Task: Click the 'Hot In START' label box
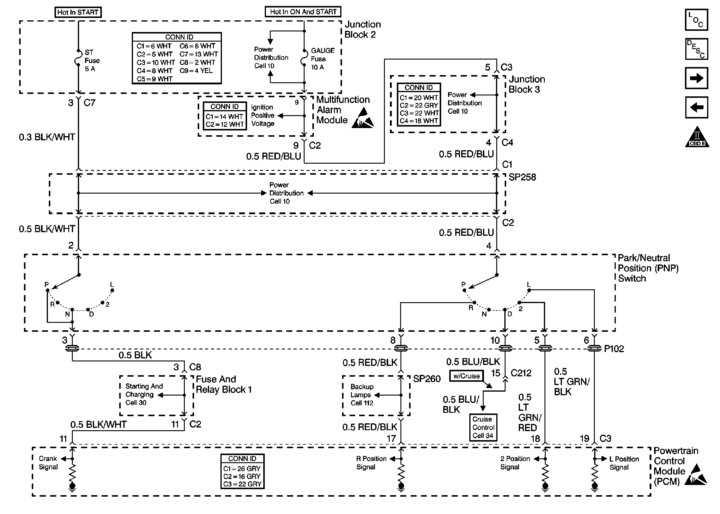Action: pyautogui.click(x=78, y=12)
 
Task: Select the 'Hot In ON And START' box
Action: pyautogui.click(x=303, y=12)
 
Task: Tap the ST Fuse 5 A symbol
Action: pyautogui.click(x=78, y=57)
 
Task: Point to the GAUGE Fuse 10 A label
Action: pyautogui.click(x=322, y=59)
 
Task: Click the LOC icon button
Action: pyautogui.click(x=696, y=20)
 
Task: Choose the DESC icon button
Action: pyautogui.click(x=696, y=49)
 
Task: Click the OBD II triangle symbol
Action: pyautogui.click(x=697, y=137)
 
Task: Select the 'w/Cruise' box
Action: pyautogui.click(x=466, y=376)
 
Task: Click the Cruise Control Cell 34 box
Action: pyautogui.click(x=483, y=427)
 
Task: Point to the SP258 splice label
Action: pyautogui.click(x=522, y=177)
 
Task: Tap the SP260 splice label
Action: pyautogui.click(x=427, y=379)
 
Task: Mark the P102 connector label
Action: pyautogui.click(x=614, y=349)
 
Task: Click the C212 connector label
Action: pyautogui.click(x=521, y=373)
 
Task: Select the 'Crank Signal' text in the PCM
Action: pyautogui.click(x=48, y=463)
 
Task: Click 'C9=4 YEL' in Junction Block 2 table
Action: pyautogui.click(x=196, y=71)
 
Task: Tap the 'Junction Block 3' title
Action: pyautogui.click(x=527, y=84)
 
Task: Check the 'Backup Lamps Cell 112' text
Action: pyautogui.click(x=362, y=395)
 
